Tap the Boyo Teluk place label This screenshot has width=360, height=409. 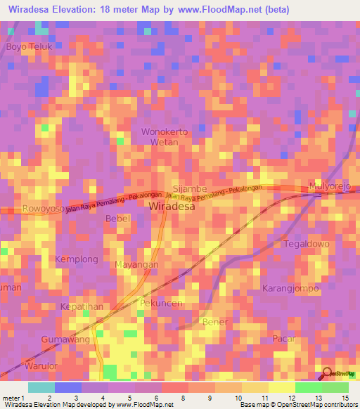[x=30, y=46]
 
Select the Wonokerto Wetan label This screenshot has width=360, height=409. [x=165, y=136]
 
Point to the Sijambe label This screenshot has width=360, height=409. [x=189, y=189]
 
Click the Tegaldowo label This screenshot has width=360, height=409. [x=306, y=244]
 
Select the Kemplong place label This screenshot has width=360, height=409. [x=77, y=259]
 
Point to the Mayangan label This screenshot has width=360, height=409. [x=136, y=265]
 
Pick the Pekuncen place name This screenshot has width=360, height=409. [x=162, y=303]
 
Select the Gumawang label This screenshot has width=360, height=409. [x=65, y=339]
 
